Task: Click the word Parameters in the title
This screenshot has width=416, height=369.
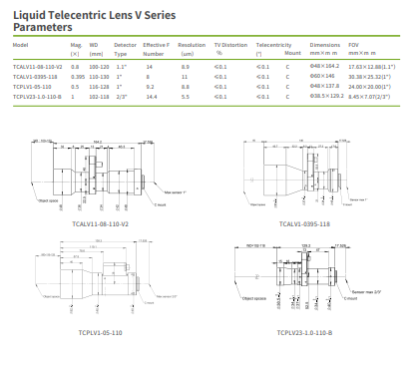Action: point(44,27)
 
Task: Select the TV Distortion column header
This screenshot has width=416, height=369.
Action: point(231,45)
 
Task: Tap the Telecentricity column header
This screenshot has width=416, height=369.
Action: point(273,45)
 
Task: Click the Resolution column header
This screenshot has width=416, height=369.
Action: point(192,45)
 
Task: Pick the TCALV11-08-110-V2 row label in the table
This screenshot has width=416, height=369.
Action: point(39,66)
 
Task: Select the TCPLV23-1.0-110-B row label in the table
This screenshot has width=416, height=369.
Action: point(39,97)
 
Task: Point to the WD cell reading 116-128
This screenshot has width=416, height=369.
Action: point(99,87)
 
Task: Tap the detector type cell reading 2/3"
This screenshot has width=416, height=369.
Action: point(121,97)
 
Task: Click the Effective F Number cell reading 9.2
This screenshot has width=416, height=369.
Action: point(149,87)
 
